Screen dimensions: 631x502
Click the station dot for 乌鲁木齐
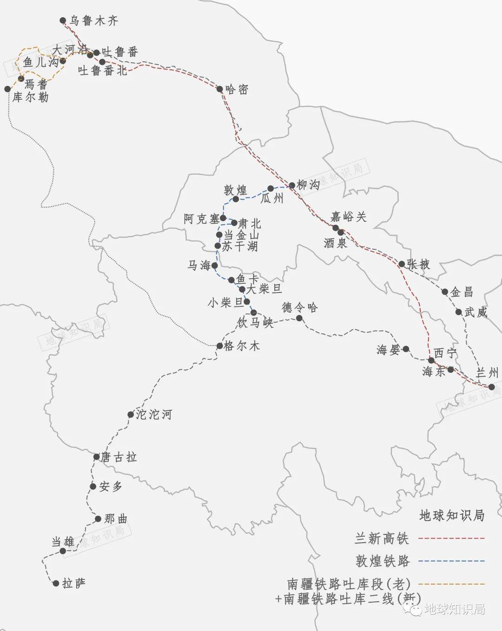(x=63, y=20)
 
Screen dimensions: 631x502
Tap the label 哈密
(x=237, y=89)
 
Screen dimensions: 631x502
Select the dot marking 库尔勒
(x=7, y=89)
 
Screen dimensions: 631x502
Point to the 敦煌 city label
(x=235, y=190)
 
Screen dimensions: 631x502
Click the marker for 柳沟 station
(x=292, y=185)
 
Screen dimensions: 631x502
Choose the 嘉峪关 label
(x=348, y=216)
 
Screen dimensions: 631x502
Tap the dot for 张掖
(x=402, y=264)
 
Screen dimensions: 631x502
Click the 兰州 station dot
(x=492, y=387)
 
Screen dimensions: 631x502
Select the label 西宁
(x=445, y=353)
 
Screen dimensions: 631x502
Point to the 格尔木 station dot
(x=219, y=346)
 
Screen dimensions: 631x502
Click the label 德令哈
(x=299, y=307)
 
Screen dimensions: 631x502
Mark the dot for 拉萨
(x=56, y=583)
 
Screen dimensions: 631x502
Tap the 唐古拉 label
(x=119, y=457)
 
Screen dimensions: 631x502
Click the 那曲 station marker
(x=98, y=519)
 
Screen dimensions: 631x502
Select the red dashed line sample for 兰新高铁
(x=451, y=539)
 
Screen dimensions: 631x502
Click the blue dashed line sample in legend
(x=451, y=561)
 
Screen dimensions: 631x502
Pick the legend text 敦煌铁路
(x=383, y=561)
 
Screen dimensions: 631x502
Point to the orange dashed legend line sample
(x=451, y=584)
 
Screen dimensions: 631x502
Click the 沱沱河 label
(x=154, y=414)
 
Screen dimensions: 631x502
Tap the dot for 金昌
(x=445, y=292)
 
